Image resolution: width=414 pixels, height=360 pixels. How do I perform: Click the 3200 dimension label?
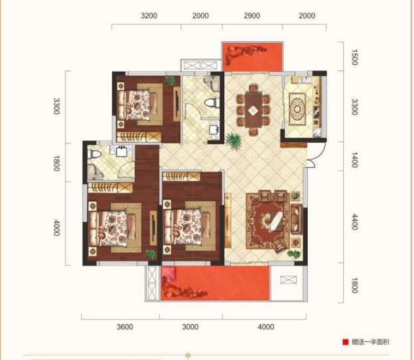point(149,16)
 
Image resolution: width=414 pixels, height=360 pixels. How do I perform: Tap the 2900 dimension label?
point(251,16)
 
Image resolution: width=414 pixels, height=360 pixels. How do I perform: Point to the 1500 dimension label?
point(354,57)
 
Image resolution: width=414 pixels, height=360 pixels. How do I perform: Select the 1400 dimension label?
point(354,160)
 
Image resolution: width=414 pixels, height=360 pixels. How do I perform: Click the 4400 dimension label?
point(354,222)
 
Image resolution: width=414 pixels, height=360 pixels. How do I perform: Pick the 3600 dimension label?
point(125,327)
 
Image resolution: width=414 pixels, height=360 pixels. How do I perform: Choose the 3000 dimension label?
point(190,327)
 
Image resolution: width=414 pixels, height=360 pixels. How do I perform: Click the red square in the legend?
point(346,342)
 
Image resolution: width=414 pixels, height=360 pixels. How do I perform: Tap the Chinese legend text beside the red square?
point(370,342)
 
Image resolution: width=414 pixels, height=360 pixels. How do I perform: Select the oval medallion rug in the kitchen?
point(297,109)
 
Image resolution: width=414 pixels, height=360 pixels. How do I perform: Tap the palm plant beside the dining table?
point(234,140)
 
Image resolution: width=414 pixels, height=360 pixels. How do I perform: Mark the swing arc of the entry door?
point(312,161)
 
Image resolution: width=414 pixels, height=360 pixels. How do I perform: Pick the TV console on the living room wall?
point(228,220)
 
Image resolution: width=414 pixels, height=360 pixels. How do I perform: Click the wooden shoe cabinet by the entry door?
point(294,145)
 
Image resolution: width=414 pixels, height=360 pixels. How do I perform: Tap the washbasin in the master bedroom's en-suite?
point(122,150)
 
